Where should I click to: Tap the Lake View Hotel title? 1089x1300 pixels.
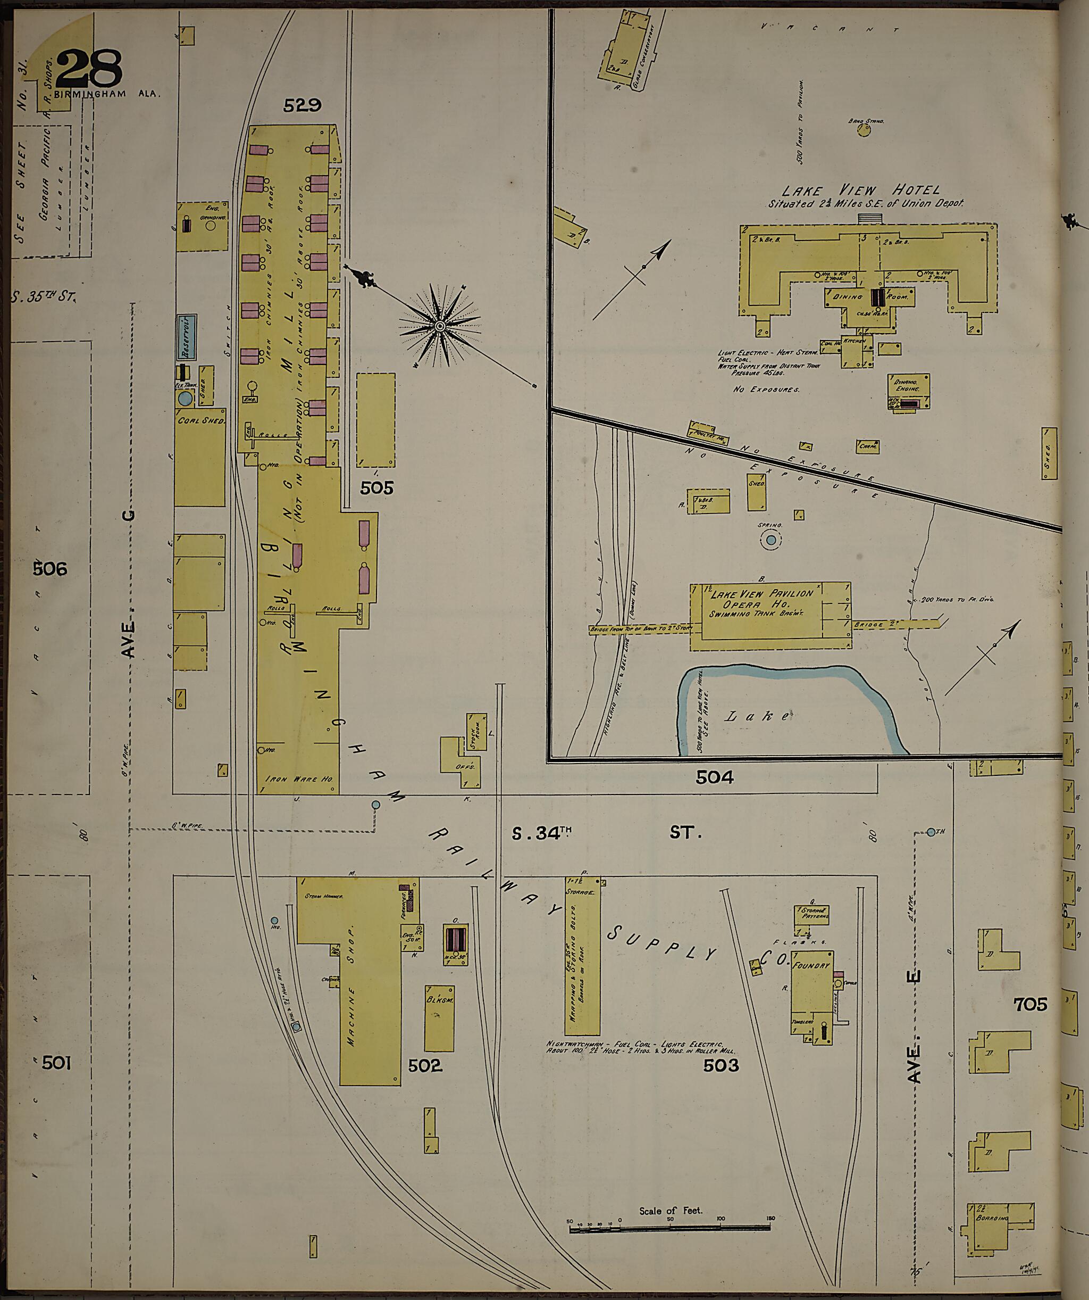click(x=861, y=190)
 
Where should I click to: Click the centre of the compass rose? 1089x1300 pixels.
click(x=440, y=326)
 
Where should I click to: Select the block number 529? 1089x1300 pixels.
click(x=302, y=106)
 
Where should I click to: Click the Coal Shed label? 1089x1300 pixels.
click(x=200, y=420)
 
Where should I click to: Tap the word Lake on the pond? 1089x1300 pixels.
click(x=757, y=716)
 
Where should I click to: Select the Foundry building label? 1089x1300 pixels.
click(x=811, y=965)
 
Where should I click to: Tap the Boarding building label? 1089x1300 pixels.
click(x=992, y=1218)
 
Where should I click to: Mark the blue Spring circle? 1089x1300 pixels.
click(x=771, y=541)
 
